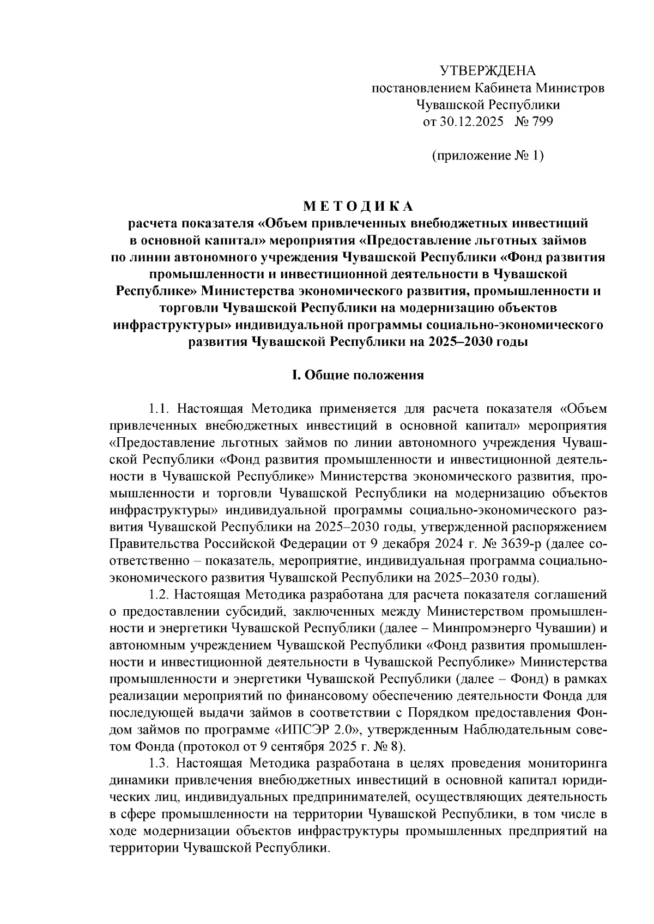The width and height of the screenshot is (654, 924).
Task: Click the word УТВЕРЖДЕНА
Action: [488, 71]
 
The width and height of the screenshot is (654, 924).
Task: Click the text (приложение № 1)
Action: [488, 156]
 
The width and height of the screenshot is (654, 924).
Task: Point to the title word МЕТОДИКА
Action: [358, 206]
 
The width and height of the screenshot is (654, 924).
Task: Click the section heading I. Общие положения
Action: [358, 375]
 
